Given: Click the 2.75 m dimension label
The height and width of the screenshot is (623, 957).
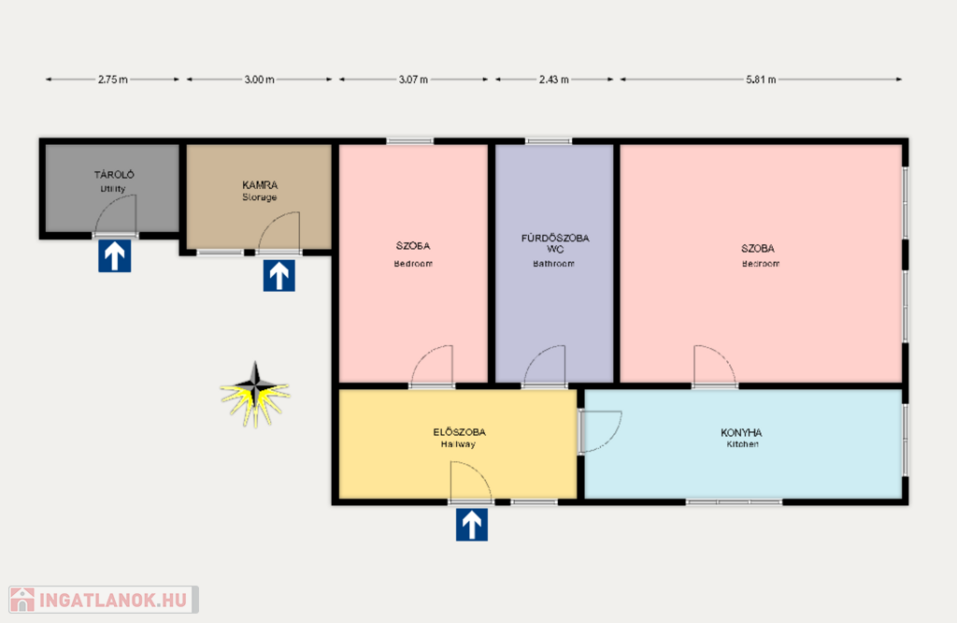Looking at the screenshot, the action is coord(113,80).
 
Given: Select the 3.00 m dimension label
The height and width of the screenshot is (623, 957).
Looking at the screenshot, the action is coord(260,80).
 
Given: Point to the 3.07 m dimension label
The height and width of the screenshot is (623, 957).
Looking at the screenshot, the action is coord(413,80).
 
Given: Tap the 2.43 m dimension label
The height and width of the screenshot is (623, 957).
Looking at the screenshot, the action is coord(554,80).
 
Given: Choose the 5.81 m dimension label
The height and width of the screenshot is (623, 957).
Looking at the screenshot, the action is coord(761,80).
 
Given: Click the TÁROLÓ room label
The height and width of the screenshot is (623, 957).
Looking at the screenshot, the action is coord(114,175).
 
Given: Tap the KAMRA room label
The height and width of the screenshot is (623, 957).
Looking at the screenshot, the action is coord(260,184).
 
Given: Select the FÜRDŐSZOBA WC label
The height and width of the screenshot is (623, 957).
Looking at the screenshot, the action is coord(555,243).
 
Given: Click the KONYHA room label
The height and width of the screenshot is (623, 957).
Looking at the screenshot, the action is coord(741,432).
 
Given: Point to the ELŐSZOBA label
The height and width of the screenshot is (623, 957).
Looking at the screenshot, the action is coord(460,432).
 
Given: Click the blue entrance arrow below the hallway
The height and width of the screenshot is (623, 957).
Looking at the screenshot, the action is coord(472,526).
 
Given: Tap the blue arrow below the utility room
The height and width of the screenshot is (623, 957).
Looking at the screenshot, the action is coord(115,256).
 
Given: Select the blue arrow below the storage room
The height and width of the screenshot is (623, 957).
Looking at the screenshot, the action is coord(279,275).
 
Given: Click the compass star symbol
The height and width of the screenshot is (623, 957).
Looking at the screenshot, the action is coord(256,394).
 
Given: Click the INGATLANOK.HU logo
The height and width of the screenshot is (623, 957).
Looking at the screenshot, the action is coord(104,600).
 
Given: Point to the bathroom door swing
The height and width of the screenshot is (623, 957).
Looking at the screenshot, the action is coord(545,366).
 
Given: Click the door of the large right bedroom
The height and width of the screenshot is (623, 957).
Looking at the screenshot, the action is coord(715,366).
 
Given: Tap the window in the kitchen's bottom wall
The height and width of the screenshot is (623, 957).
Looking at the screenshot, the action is coord(734,502).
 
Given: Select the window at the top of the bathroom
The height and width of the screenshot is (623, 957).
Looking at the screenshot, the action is coord(549,141).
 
